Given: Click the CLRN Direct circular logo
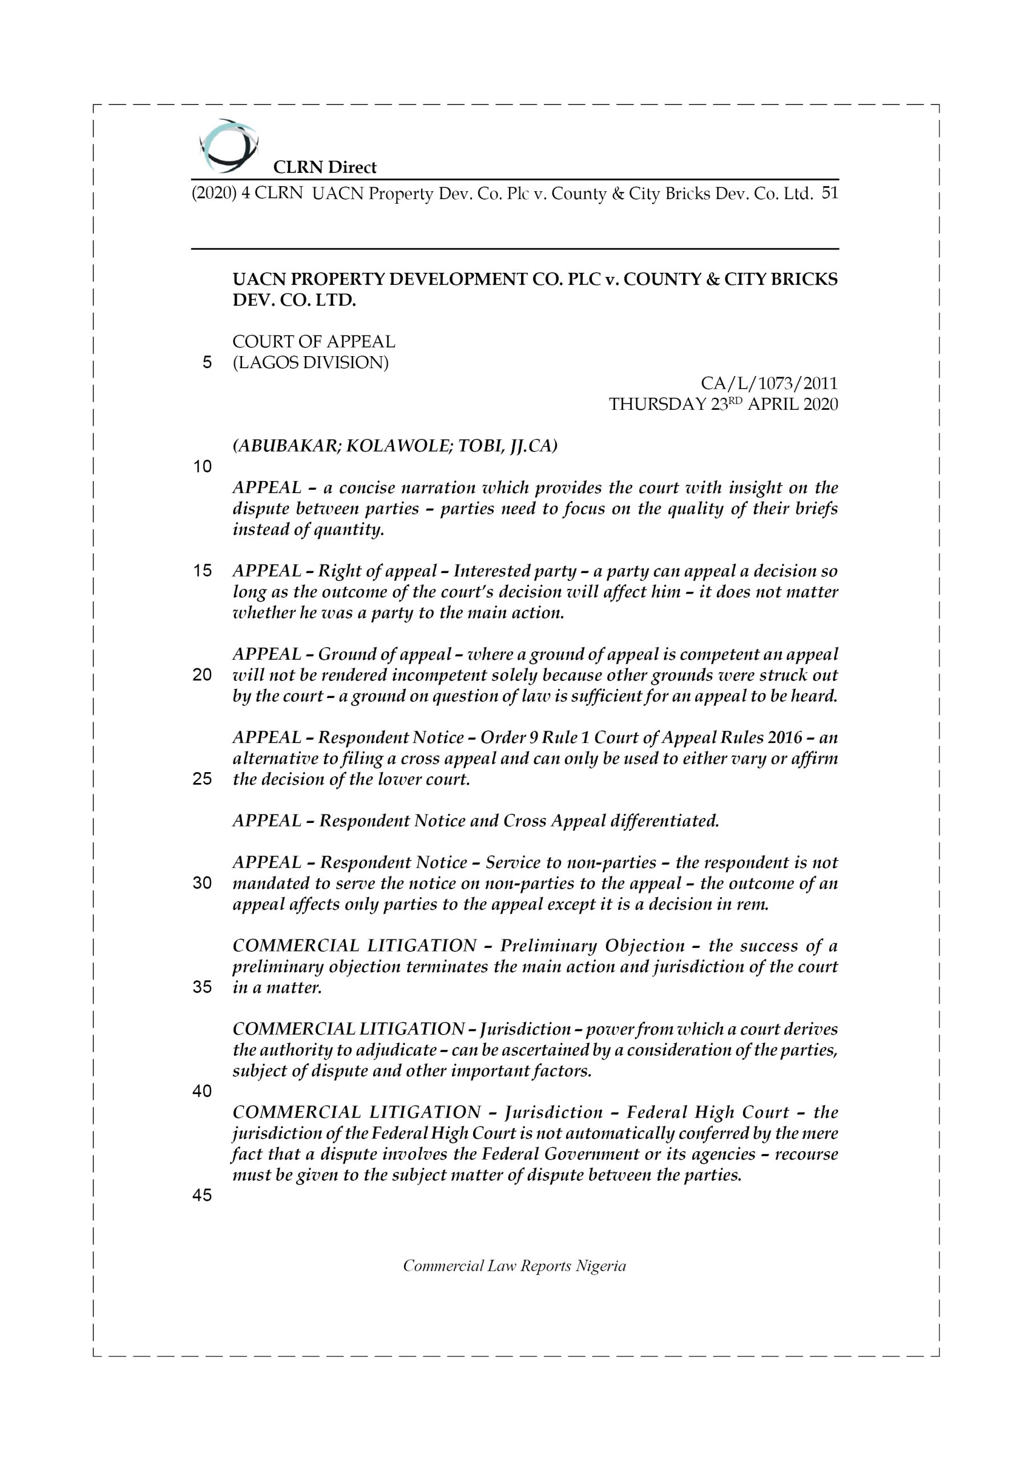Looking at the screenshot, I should [228, 146].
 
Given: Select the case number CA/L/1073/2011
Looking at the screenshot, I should [769, 384].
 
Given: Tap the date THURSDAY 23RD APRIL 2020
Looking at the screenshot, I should [723, 405].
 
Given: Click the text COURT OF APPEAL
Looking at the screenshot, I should [314, 342].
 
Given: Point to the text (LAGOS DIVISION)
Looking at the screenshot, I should [310, 363].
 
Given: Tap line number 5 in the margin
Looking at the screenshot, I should [207, 364].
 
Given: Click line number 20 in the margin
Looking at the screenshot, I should [203, 675].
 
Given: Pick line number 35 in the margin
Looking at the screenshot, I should [203, 987].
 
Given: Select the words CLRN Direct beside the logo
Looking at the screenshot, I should [325, 168].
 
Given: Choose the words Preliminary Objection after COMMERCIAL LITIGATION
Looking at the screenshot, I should [592, 946].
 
